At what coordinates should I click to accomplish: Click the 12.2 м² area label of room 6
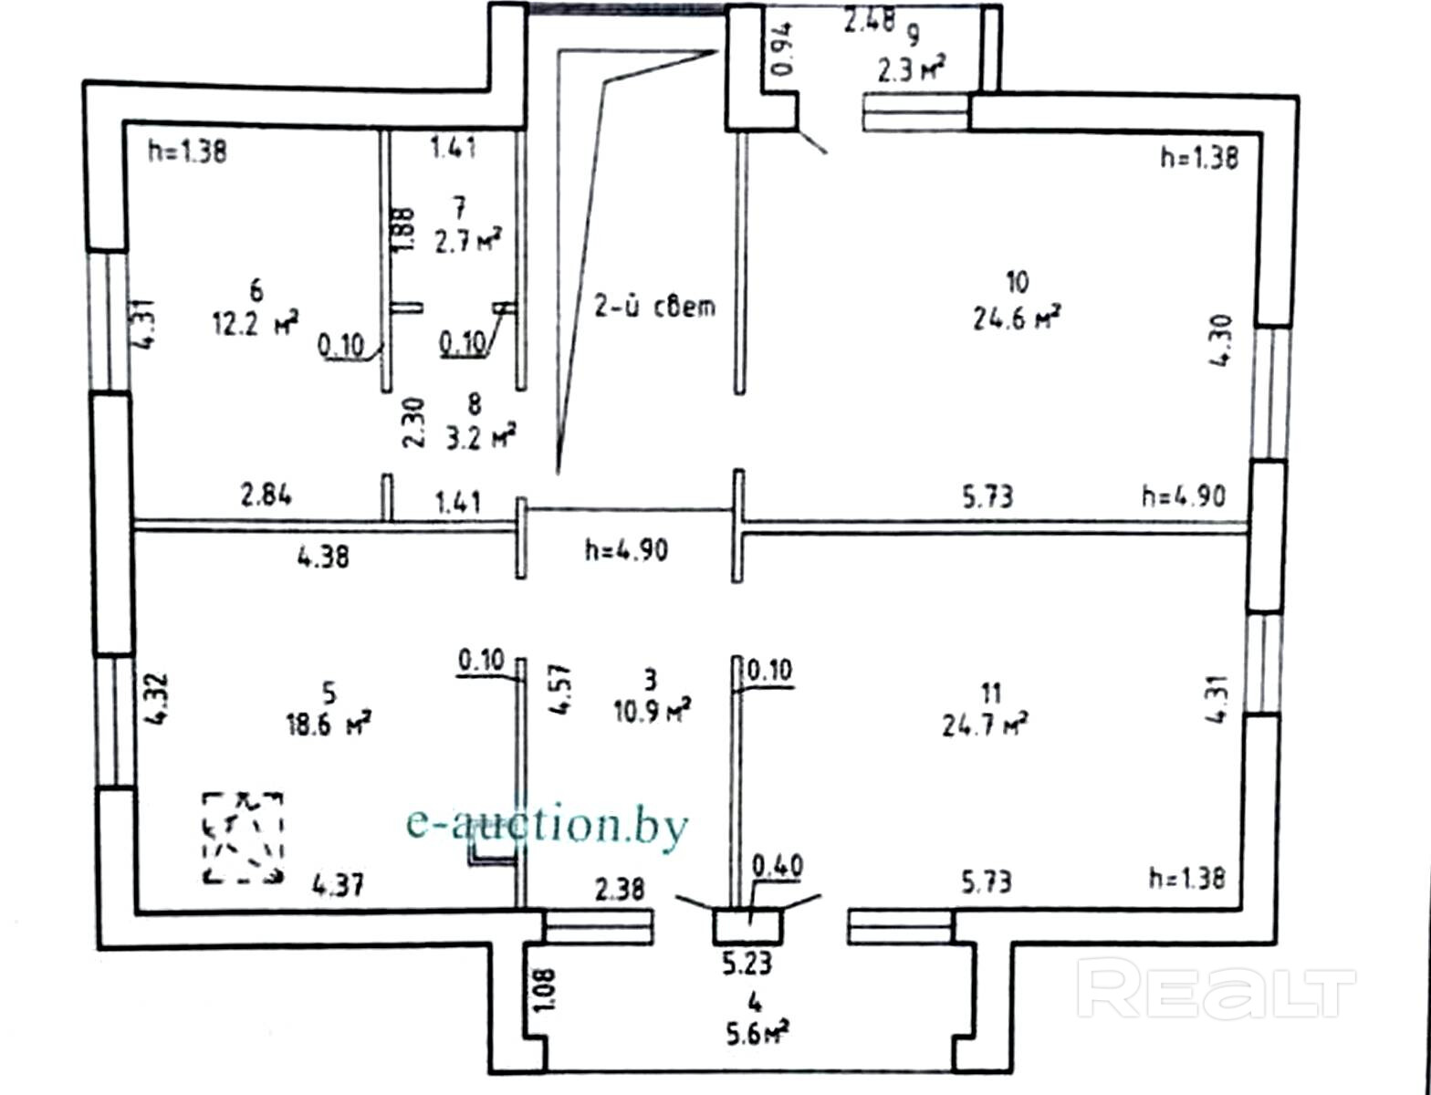256,322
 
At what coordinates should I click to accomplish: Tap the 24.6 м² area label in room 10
1016,318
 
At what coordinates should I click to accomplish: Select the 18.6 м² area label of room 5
328,725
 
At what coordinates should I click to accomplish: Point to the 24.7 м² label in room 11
985,725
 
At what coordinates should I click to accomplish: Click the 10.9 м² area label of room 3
652,710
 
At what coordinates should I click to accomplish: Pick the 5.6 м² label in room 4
753,1034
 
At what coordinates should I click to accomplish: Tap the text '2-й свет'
654,307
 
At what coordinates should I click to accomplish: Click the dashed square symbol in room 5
243,838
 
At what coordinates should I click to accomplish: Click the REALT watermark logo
1216,990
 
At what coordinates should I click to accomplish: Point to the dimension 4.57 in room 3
560,689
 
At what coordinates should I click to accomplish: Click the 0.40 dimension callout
777,865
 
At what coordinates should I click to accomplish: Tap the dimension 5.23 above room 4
747,964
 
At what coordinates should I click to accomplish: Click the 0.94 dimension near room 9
783,49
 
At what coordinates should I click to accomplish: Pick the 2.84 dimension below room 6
266,495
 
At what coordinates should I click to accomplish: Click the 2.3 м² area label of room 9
910,68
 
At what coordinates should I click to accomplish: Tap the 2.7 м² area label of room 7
467,242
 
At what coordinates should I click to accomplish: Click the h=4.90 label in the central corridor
626,549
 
